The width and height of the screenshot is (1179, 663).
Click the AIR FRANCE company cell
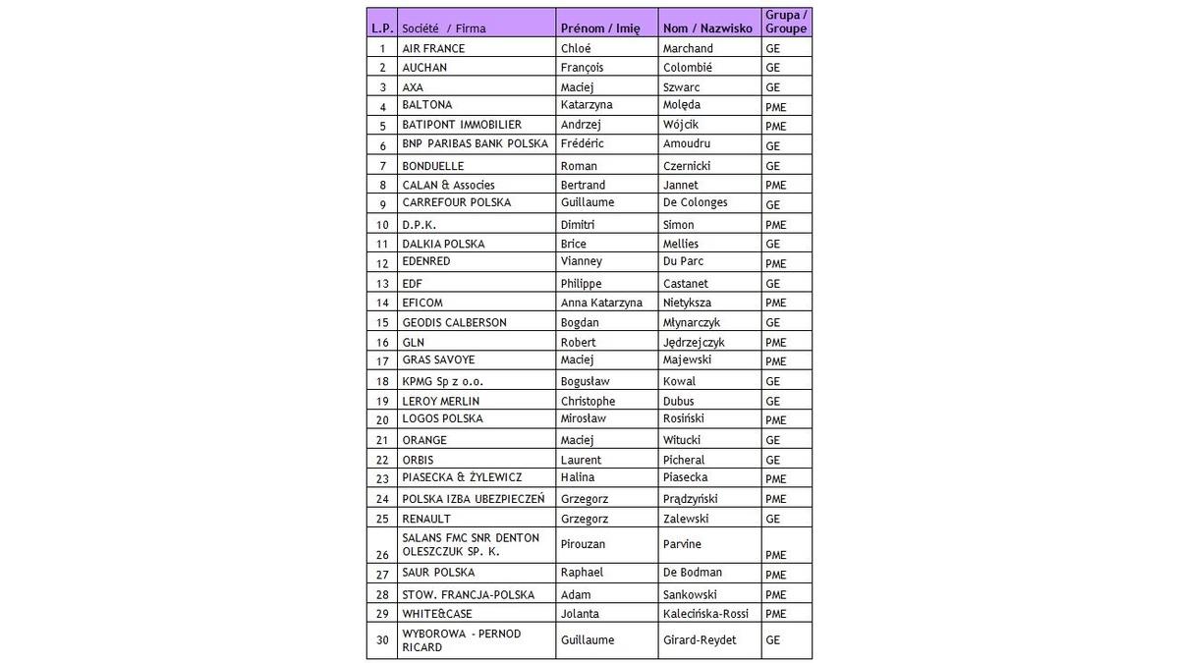click(433, 48)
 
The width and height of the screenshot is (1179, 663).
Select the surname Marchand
click(688, 48)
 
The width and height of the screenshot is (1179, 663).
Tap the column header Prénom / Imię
click(599, 28)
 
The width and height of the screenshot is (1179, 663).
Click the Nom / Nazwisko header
click(707, 28)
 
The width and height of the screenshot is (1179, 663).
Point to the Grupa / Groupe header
click(786, 22)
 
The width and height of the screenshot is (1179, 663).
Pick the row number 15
click(382, 322)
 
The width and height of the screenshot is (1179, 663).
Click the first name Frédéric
click(582, 143)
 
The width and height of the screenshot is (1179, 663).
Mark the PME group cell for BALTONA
click(775, 106)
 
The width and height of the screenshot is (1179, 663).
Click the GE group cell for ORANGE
click(772, 440)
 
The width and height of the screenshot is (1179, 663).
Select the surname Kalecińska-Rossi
click(705, 614)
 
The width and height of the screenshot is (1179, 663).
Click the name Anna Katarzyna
click(601, 303)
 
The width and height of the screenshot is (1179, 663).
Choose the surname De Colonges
click(696, 202)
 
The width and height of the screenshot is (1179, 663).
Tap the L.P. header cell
click(382, 28)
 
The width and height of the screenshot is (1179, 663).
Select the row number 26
click(382, 554)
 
